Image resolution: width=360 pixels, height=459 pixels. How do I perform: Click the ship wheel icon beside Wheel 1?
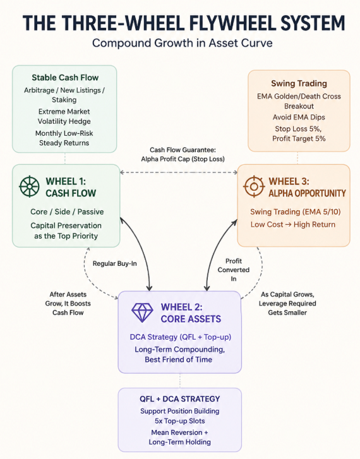pyautogui.click(x=29, y=186)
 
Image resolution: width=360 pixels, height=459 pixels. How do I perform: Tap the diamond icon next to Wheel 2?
pyautogui.click(x=142, y=313)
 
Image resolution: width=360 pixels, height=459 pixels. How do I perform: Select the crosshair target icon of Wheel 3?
pyautogui.click(x=254, y=186)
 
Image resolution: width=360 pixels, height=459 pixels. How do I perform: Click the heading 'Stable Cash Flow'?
pyautogui.click(x=65, y=78)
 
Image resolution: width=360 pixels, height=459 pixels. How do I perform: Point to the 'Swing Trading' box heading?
pyautogui.click(x=299, y=83)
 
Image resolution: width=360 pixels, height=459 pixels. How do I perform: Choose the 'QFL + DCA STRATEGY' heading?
pyautogui.click(x=179, y=398)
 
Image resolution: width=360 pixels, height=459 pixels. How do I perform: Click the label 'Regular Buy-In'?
pyautogui.click(x=114, y=263)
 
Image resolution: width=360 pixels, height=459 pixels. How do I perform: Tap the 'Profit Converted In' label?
pyautogui.click(x=234, y=270)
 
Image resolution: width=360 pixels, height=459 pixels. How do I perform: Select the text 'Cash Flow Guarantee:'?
pyautogui.click(x=183, y=150)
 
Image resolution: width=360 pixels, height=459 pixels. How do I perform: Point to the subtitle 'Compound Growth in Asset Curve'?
pyautogui.click(x=182, y=43)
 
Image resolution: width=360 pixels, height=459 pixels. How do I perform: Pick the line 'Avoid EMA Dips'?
pyautogui.click(x=299, y=117)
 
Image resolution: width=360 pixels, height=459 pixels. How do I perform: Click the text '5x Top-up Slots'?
pyautogui.click(x=179, y=421)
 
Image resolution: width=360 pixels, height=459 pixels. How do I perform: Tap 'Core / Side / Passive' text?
pyautogui.click(x=67, y=212)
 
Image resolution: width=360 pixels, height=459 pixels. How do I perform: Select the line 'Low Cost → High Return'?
pyautogui.click(x=292, y=225)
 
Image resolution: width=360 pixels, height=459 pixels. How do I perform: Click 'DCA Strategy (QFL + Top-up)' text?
pyautogui.click(x=181, y=337)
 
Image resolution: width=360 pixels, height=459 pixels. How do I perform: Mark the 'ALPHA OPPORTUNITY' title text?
pyautogui.click(x=308, y=193)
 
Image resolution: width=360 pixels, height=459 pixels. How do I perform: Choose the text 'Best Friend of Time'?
pyautogui.click(x=178, y=359)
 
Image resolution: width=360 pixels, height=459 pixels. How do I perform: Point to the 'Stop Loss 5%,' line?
pyautogui.click(x=298, y=129)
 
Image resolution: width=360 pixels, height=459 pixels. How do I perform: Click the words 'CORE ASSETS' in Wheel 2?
pyautogui.click(x=191, y=319)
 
